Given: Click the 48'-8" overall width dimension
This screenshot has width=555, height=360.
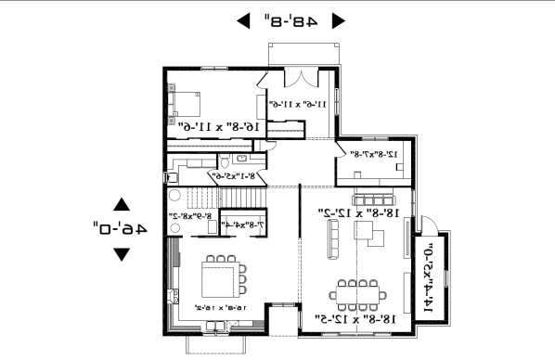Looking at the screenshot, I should coord(289,19).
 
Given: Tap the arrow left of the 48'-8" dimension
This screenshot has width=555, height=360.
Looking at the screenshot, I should coord(243,19).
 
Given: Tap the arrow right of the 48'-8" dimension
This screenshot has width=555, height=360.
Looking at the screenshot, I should coord(338,19).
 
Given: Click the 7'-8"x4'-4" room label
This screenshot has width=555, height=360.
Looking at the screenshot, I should coord(244,224).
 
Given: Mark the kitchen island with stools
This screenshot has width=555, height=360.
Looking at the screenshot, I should coord(220,276).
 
